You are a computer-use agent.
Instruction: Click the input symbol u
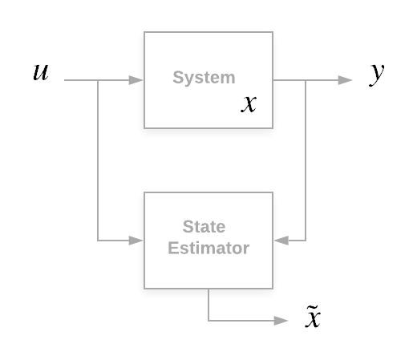pos(41,72)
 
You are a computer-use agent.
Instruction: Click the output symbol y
pos(376,75)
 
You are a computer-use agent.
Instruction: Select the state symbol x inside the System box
pos(249,104)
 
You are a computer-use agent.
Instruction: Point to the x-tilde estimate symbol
pos(313,317)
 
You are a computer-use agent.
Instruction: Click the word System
pos(204,78)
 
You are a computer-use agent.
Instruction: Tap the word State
pos(204,227)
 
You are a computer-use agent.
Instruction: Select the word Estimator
pos(208,248)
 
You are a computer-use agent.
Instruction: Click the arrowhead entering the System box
pos(136,80)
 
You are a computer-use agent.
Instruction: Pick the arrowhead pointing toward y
pos(345,80)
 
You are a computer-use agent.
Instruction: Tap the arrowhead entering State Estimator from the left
pos(136,241)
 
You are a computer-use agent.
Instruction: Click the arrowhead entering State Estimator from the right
pos(281,241)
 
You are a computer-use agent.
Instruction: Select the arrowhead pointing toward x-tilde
pos(281,321)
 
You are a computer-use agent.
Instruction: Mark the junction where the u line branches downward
pos(98,80)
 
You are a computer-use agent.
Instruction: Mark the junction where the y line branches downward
pos(306,80)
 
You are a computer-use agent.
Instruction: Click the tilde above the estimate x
pos(312,307)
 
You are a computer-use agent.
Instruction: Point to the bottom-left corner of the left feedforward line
pos(98,241)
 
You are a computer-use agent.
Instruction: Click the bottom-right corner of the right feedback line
pos(306,241)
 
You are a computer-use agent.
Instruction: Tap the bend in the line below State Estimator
pos(208,321)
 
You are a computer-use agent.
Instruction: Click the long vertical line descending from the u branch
pos(98,160)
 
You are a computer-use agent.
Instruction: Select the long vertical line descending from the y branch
pos(306,160)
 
